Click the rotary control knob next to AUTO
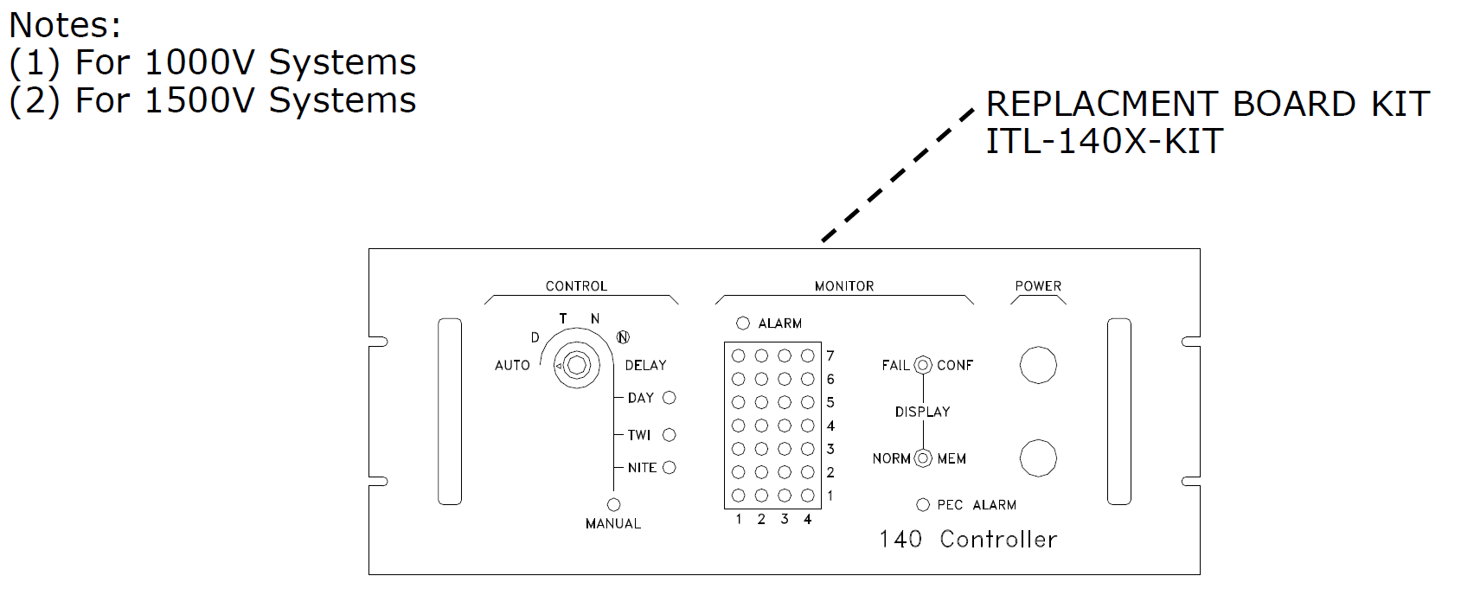click(x=577, y=365)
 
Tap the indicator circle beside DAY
click(x=670, y=398)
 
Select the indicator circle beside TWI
click(x=670, y=435)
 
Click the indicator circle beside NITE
click(x=670, y=468)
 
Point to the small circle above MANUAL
click(x=614, y=505)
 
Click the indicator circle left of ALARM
click(x=743, y=323)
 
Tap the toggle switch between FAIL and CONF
click(x=923, y=365)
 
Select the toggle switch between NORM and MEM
click(x=923, y=458)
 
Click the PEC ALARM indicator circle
click(x=923, y=505)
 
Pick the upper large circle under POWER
click(x=1038, y=365)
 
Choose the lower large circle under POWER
click(x=1038, y=458)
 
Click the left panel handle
click(x=450, y=412)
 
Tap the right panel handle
click(x=1119, y=412)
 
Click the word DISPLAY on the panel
click(x=922, y=413)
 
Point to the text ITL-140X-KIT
click(x=1105, y=141)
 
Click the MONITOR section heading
click(x=844, y=286)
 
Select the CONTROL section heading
click(x=577, y=286)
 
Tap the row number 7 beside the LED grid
click(x=830, y=356)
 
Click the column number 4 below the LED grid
click(x=807, y=519)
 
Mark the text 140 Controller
click(x=968, y=540)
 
